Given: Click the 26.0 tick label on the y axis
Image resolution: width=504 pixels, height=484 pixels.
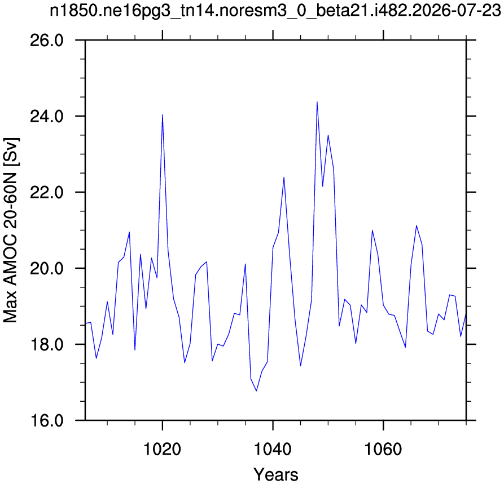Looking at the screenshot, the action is coord(47,41).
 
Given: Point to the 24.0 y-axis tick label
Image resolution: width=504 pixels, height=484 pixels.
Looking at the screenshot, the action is coord(47,117).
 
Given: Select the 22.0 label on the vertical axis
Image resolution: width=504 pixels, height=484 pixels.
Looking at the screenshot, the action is coord(47,193).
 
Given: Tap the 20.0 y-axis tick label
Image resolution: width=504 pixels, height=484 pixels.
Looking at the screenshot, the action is coord(47,269).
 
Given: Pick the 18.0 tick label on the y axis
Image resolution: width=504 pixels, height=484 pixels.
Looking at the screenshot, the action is coord(47,345).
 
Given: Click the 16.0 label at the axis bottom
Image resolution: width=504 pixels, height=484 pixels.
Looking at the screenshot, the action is coord(47,421).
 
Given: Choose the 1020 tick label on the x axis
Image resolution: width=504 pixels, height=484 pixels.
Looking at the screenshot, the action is coord(163,449).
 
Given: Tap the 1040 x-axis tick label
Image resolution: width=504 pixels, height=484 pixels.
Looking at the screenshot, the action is coord(273,449).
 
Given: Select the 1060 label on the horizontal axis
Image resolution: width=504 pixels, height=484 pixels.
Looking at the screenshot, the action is coord(383,449).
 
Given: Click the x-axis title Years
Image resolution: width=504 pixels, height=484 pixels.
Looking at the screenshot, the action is coord(276,474).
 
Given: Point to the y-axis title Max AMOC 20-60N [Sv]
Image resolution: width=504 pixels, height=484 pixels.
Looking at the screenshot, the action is coord(11,230).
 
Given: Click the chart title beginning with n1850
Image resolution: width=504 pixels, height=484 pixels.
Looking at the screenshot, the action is coord(275,11).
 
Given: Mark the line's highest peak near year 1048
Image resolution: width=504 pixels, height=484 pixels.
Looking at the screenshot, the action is coord(317,102).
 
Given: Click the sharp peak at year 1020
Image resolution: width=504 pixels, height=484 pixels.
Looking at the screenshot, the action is coord(163,114).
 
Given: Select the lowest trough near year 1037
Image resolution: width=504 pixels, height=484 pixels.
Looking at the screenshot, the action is coord(256,391).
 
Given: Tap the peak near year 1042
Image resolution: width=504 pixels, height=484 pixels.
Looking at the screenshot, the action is coord(284,177).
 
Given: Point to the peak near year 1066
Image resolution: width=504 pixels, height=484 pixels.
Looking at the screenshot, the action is coord(417,225).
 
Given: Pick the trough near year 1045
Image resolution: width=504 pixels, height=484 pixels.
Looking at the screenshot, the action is coord(300,366).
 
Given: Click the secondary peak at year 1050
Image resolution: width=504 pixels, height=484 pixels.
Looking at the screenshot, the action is coord(328,135).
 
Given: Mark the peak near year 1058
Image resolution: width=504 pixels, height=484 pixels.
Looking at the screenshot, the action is coord(372,230).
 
